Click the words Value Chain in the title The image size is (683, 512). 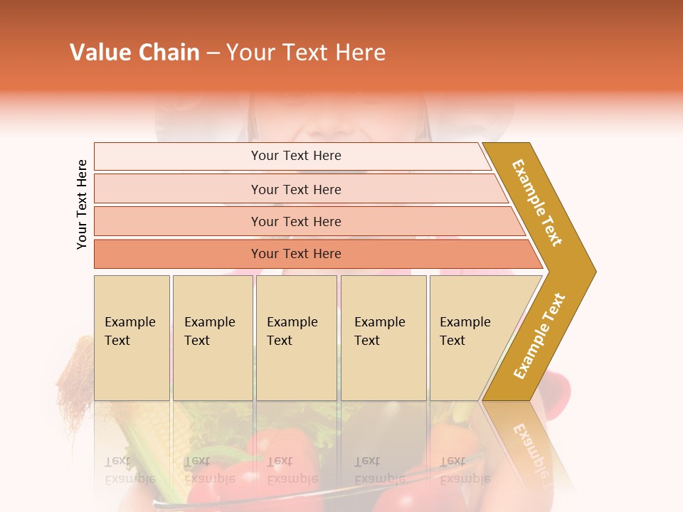(134, 53)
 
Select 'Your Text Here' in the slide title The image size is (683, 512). (306, 53)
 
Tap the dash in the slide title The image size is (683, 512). (213, 53)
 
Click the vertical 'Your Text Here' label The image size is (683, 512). (82, 205)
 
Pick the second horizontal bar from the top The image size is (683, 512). (296, 189)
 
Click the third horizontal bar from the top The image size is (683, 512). (296, 221)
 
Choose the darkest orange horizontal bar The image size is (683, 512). (296, 254)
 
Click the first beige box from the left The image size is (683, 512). (132, 338)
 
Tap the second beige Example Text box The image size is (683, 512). (213, 338)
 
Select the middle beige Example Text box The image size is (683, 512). (296, 338)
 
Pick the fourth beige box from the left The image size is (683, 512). (383, 338)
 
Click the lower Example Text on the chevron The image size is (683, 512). (539, 336)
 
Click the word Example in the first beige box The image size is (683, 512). (129, 322)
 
